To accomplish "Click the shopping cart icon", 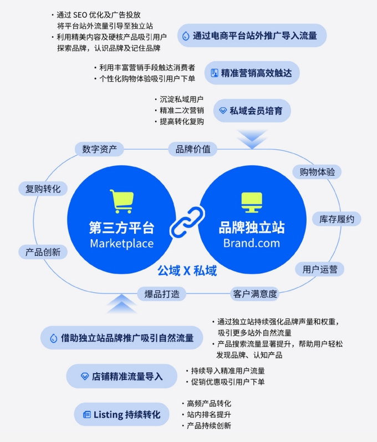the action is tap(122, 201).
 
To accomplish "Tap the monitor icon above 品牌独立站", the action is tap(252, 202).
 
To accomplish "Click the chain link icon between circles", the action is tap(187, 222).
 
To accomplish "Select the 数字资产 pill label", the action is tap(99, 149).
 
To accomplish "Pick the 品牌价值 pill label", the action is tap(193, 149).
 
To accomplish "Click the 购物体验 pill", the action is tap(317, 172).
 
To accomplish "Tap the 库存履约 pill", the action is tap(337, 219).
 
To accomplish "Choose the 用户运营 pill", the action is tap(320, 269).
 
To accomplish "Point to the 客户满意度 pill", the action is tap(254, 294).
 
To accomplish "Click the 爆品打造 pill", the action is tap(162, 294).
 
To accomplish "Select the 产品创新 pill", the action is tap(43, 252).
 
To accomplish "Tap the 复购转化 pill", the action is tap(43, 189).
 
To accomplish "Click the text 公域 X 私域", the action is tap(187, 271).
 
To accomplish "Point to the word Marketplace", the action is tap(122, 243).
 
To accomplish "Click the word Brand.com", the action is tap(252, 243).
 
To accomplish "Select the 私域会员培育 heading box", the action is tap(252, 110).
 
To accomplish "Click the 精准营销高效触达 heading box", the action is tap(252, 73).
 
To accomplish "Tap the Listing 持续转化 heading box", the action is tap(122, 414).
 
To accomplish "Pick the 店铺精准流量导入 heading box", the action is tap(122, 377).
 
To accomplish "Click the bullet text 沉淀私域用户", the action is tap(181, 99).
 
